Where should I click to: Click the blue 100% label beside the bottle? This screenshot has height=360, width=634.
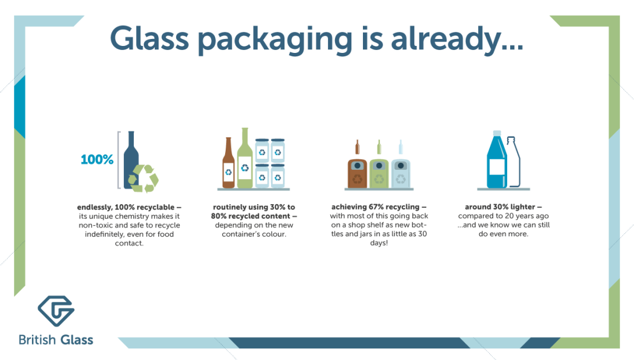pos(97,159)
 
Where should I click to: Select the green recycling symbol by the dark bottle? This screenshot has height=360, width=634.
pos(144,178)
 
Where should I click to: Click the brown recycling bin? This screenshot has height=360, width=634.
pos(357,173)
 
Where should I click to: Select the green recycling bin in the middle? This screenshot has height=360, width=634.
pos(379,173)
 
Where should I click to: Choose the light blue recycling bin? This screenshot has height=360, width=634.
pos(401,173)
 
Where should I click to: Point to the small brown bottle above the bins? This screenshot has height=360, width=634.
pos(357,147)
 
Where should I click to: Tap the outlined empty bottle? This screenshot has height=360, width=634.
pos(513,162)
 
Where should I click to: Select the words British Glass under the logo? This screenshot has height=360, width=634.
pos(56,340)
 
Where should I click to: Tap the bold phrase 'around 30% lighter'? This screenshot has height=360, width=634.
pos(503,207)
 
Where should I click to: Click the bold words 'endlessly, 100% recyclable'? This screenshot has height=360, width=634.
pos(129,207)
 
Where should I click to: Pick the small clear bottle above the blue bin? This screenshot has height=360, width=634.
pos(401,147)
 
